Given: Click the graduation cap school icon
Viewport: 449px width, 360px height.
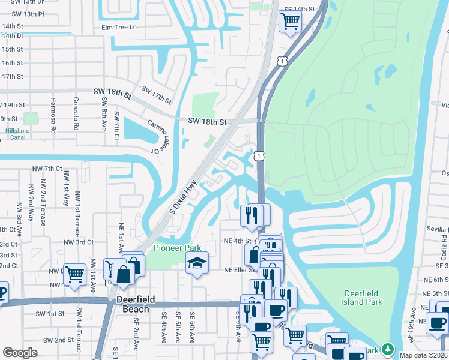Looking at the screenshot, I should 196,263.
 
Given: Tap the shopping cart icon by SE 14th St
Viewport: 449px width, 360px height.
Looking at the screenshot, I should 290,21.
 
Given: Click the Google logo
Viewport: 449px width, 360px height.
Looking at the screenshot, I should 20,353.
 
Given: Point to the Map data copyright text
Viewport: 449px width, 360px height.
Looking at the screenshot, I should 423,355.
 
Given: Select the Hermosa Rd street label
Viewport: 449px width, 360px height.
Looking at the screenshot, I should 53,115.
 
